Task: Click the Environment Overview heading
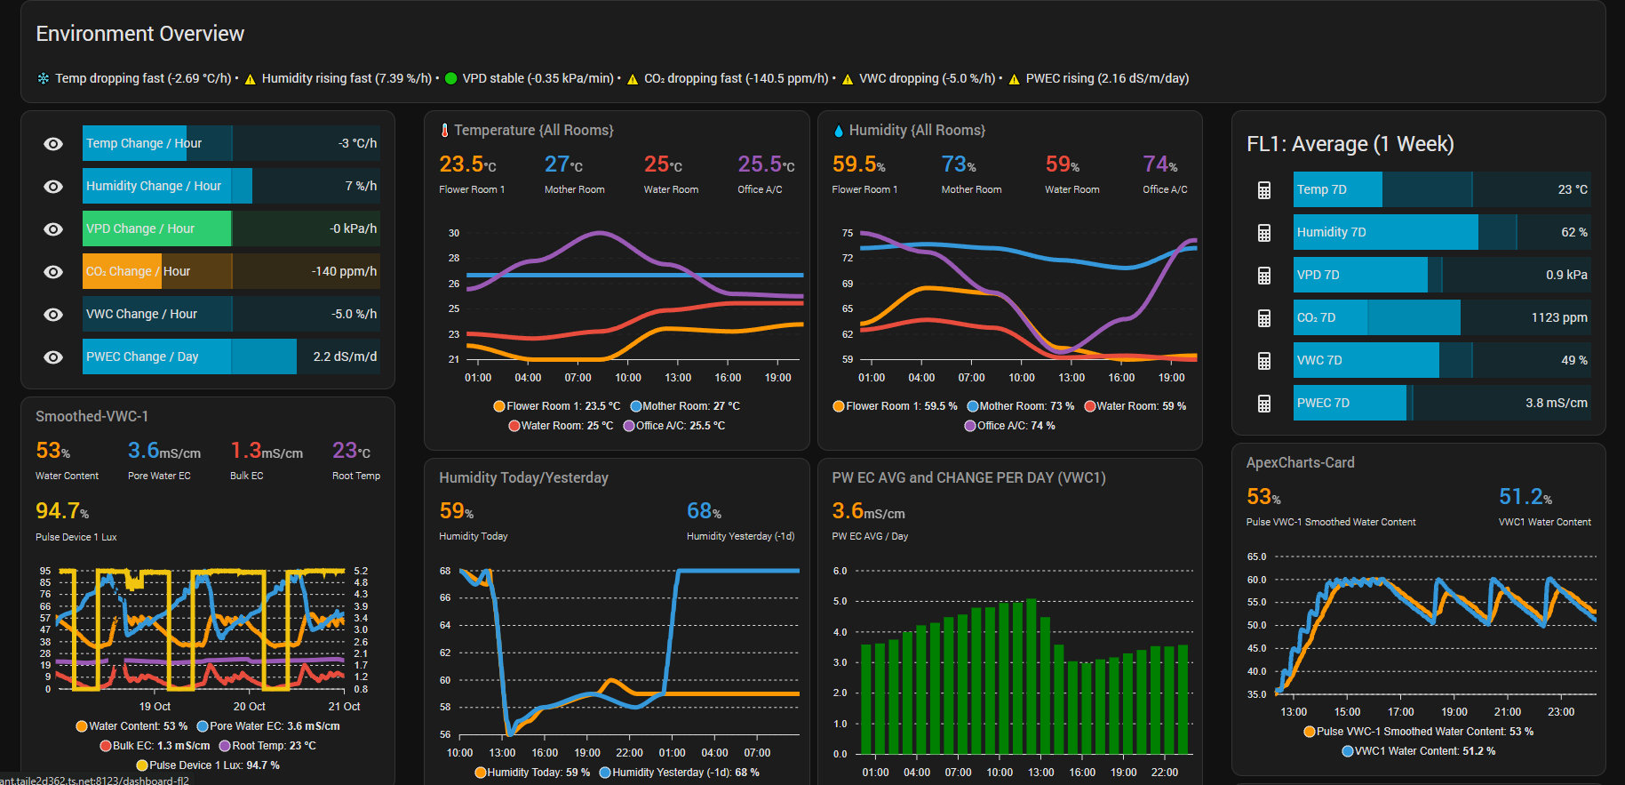(139, 34)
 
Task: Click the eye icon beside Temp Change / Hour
(53, 144)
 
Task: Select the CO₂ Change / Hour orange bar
(122, 271)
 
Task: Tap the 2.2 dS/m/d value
(345, 356)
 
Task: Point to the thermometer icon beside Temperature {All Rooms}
(444, 131)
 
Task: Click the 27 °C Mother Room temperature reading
(563, 164)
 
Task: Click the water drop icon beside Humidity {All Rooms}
(839, 131)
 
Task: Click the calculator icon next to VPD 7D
(1264, 276)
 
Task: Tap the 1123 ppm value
(1558, 317)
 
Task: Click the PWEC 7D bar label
(1323, 403)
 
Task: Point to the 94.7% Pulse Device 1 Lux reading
(61, 511)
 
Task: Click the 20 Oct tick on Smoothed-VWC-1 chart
(250, 707)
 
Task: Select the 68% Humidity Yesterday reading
(704, 511)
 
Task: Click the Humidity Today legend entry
(532, 773)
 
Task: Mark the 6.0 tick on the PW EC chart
(840, 571)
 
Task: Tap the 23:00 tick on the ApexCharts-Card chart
(1561, 712)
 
